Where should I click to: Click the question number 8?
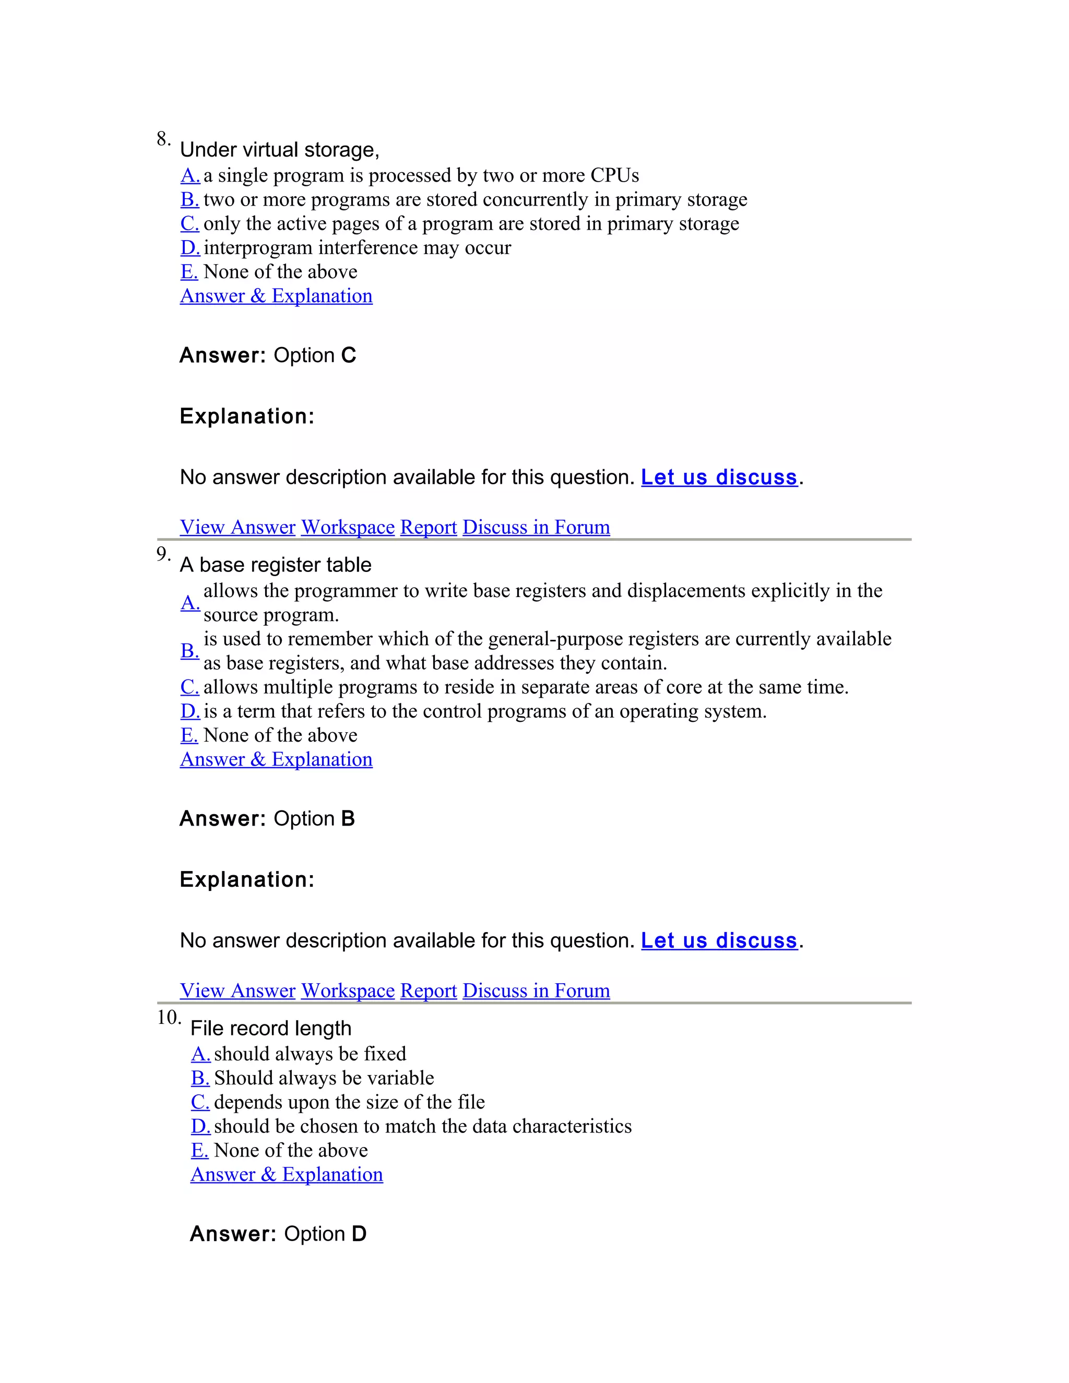(x=163, y=139)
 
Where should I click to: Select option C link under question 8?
(x=189, y=223)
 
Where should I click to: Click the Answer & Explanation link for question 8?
(x=276, y=296)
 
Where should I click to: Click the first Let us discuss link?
(x=719, y=478)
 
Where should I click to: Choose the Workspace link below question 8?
(x=348, y=527)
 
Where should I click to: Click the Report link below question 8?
(x=428, y=527)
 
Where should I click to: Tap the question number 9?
(x=163, y=554)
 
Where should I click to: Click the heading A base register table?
(x=276, y=565)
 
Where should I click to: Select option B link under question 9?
(x=189, y=650)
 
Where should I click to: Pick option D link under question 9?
(x=189, y=711)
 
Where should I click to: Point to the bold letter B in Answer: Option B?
(x=348, y=819)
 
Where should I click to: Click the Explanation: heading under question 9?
(x=247, y=879)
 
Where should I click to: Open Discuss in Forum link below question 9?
(x=536, y=991)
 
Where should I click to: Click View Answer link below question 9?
(x=237, y=991)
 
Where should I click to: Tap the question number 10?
(x=169, y=1018)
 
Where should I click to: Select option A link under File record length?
(x=200, y=1054)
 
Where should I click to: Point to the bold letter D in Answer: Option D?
(x=359, y=1234)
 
